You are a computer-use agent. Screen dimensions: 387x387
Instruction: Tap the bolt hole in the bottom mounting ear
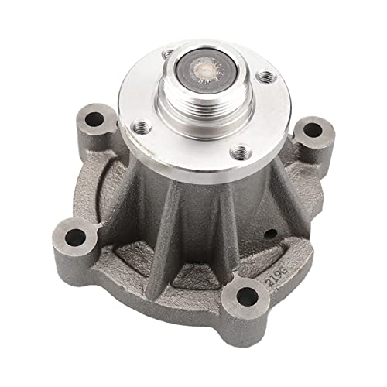(x=246, y=295)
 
